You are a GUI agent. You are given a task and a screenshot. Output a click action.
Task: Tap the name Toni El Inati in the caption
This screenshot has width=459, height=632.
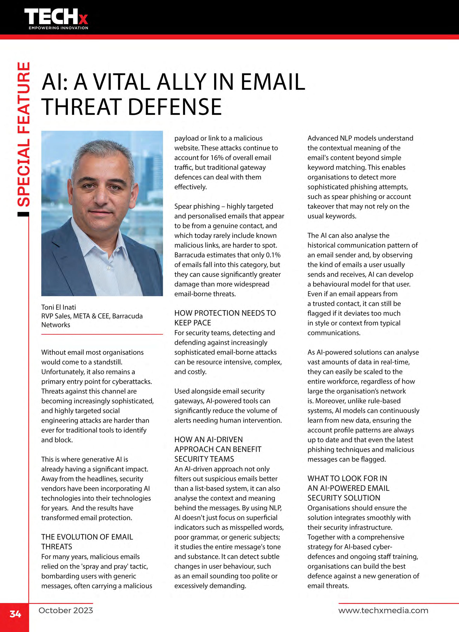coord(58,307)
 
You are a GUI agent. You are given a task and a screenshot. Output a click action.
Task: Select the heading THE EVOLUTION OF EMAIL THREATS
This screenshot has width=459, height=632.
coord(87,542)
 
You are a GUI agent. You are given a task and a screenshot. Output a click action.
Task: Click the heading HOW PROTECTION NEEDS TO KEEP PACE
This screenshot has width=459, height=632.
coord(225,318)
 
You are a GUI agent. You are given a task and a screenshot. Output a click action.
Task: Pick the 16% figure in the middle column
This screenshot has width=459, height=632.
coord(216,158)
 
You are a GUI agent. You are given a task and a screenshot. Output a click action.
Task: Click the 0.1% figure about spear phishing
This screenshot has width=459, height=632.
coord(273,255)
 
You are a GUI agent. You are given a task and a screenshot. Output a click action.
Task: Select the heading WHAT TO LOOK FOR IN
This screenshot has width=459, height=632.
coord(347,478)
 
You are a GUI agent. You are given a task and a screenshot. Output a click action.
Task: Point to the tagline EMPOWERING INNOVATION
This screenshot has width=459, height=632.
coord(58,28)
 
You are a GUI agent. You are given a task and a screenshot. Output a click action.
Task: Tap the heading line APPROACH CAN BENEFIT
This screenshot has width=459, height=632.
coord(218,449)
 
